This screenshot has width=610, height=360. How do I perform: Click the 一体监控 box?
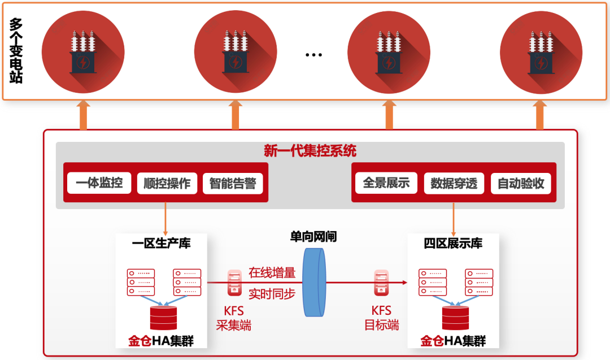coord(99,183)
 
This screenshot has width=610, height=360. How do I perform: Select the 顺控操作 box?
coord(167,184)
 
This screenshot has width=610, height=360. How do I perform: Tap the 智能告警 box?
coord(233,184)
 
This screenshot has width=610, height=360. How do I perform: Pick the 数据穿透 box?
coord(454,184)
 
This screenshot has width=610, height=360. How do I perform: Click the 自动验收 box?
coord(521,184)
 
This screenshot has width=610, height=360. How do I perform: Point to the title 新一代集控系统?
coord(310,151)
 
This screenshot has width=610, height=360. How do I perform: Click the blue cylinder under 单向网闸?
coord(314,282)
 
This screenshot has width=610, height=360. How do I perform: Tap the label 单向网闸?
coord(313,237)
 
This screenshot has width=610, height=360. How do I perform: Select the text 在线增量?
coord(272,272)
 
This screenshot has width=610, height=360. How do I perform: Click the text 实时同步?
coord(272,293)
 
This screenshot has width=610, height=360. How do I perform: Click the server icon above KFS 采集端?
coord(233,283)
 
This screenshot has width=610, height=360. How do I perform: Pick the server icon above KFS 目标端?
coord(381,283)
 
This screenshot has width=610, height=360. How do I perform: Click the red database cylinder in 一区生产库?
coord(163,318)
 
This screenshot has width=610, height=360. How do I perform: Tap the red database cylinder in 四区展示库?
coord(455,318)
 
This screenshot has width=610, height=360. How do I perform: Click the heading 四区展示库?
coord(453,244)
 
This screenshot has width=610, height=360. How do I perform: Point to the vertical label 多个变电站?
coord(16,51)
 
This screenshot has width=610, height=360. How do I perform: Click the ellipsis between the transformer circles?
coord(313,55)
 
